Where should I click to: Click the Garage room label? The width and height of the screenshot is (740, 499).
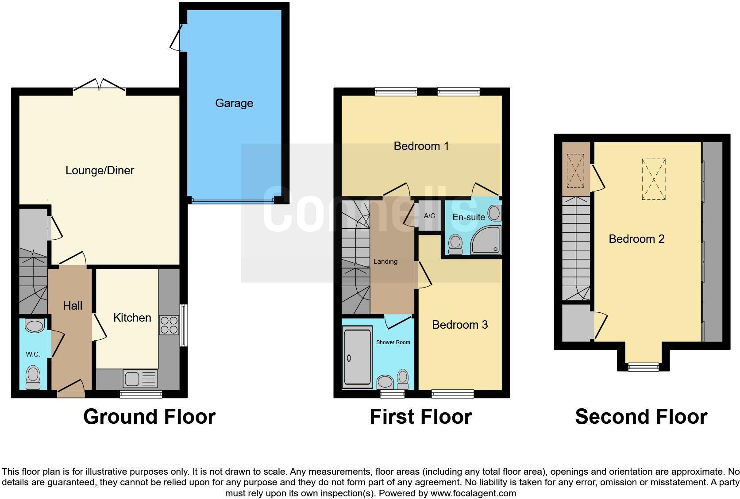234,103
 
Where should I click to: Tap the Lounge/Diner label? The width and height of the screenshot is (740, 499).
100,170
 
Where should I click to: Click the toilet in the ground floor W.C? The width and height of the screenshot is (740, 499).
33,377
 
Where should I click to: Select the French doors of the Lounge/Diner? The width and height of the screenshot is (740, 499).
100,86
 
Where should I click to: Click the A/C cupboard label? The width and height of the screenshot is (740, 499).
429,216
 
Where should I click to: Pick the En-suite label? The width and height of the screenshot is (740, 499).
469,217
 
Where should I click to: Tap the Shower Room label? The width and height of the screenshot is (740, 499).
393,342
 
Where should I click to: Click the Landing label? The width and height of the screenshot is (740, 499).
385,261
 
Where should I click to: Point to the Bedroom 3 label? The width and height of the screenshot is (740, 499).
460,325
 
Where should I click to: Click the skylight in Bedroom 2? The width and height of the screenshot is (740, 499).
654,180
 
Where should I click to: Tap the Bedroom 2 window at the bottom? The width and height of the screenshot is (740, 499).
643,366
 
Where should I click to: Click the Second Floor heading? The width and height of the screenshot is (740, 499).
641,417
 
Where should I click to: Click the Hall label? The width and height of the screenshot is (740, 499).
73,306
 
